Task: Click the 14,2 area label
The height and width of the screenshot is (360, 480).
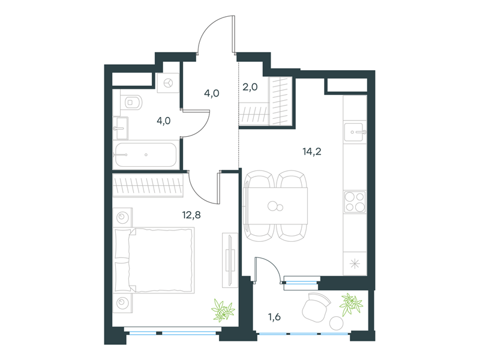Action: [312, 152]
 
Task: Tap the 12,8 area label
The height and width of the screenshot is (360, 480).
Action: [191, 215]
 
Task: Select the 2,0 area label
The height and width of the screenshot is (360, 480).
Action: [250, 87]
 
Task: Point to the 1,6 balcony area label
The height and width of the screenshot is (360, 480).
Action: [275, 317]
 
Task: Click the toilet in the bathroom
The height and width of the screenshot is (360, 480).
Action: [131, 103]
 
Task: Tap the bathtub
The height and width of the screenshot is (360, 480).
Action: [146, 155]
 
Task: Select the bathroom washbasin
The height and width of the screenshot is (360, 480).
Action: [121, 128]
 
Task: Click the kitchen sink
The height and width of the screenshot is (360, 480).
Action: [355, 132]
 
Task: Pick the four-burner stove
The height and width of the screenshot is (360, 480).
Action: [355, 202]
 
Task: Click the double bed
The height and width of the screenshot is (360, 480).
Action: [154, 260]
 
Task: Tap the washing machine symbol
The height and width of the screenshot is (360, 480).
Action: [168, 83]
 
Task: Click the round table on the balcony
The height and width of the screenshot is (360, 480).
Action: [337, 323]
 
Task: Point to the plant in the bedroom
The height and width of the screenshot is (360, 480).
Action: [223, 311]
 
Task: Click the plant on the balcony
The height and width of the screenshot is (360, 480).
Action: [351, 304]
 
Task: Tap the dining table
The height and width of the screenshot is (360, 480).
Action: [275, 206]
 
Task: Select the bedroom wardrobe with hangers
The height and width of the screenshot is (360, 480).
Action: [148, 185]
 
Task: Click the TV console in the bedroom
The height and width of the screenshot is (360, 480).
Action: [230, 260]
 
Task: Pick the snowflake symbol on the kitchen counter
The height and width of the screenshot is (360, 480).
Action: [355, 263]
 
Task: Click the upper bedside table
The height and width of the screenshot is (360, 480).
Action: [122, 217]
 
